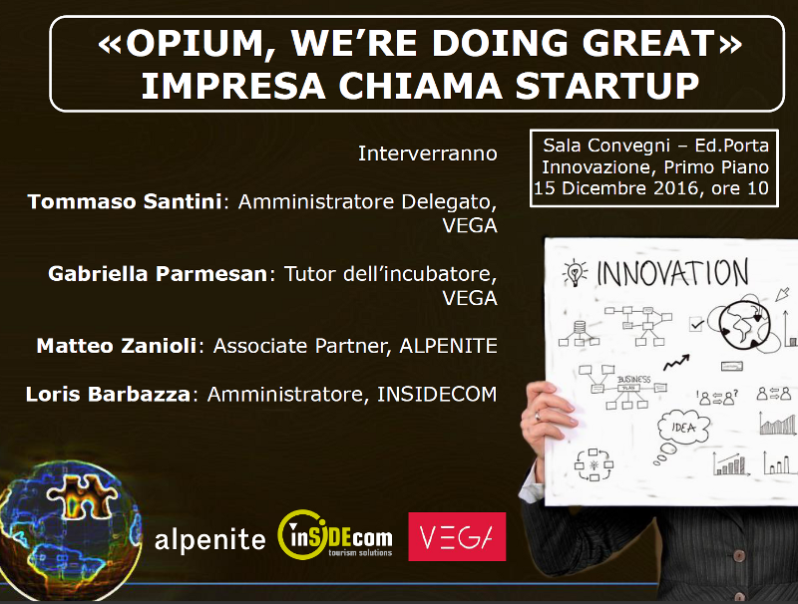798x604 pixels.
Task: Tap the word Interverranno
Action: click(427, 153)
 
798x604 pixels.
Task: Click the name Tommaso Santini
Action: click(125, 202)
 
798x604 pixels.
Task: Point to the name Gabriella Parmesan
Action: click(158, 274)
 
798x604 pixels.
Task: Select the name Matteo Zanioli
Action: click(118, 346)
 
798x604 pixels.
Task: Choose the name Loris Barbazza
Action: click(109, 395)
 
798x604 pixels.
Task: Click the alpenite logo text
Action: click(209, 540)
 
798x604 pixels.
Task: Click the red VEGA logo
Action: click(457, 537)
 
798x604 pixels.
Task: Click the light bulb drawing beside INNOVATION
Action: click(576, 272)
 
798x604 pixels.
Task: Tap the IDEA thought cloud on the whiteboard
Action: click(683, 428)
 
